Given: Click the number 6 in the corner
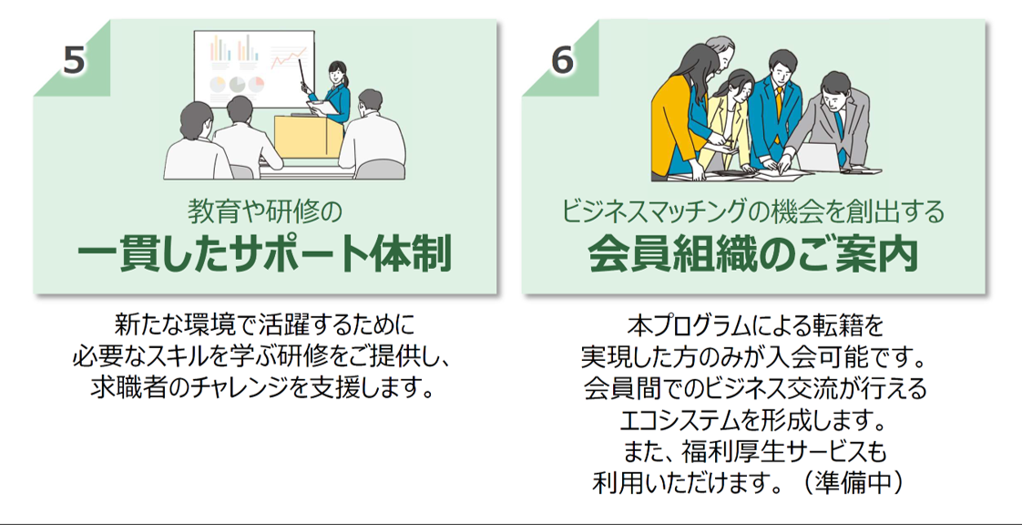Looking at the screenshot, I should [x=562, y=60].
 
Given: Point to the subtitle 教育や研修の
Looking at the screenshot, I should [x=264, y=212].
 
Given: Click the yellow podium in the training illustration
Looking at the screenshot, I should [x=306, y=137].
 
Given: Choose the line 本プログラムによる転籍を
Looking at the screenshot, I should [x=752, y=324].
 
